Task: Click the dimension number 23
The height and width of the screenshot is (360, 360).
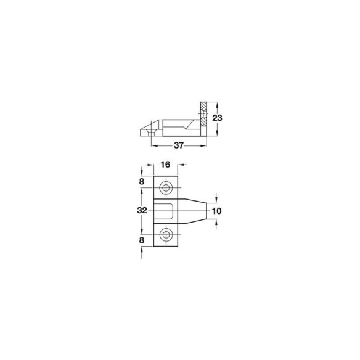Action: click(x=217, y=118)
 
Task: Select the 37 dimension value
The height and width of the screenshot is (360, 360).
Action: click(x=179, y=145)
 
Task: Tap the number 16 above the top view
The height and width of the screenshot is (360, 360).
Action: click(x=165, y=165)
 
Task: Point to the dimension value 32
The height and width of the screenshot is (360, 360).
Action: click(x=142, y=210)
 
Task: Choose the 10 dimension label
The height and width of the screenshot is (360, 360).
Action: click(x=216, y=211)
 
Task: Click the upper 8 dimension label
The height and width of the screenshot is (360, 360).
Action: click(x=142, y=182)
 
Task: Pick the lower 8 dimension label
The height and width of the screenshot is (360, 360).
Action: click(x=142, y=240)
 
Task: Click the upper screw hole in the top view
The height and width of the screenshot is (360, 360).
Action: click(x=166, y=188)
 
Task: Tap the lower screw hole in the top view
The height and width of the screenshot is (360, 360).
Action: click(x=166, y=235)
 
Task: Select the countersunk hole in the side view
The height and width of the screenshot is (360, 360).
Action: click(x=151, y=132)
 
